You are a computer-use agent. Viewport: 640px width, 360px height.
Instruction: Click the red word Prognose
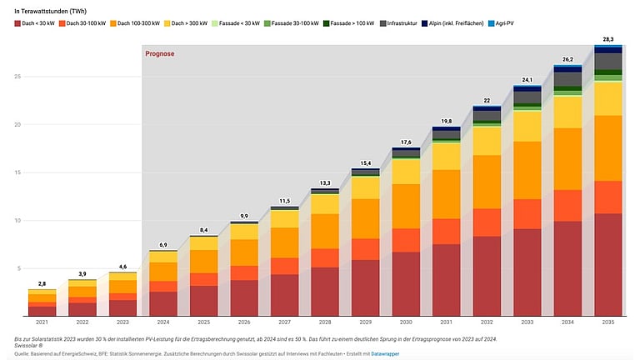[158, 54]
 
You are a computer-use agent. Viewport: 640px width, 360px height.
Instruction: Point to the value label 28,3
[607, 39]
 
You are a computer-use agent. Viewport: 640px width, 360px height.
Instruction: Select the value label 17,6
[406, 142]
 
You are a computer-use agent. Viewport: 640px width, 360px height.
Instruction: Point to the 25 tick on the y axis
[17, 77]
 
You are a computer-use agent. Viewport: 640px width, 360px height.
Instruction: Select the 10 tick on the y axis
[17, 221]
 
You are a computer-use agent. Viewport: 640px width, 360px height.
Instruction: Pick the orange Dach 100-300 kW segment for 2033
[527, 171]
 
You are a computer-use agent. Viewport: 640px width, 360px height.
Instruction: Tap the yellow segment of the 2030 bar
[406, 171]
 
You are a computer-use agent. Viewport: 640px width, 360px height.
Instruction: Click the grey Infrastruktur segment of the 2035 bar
[607, 62]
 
